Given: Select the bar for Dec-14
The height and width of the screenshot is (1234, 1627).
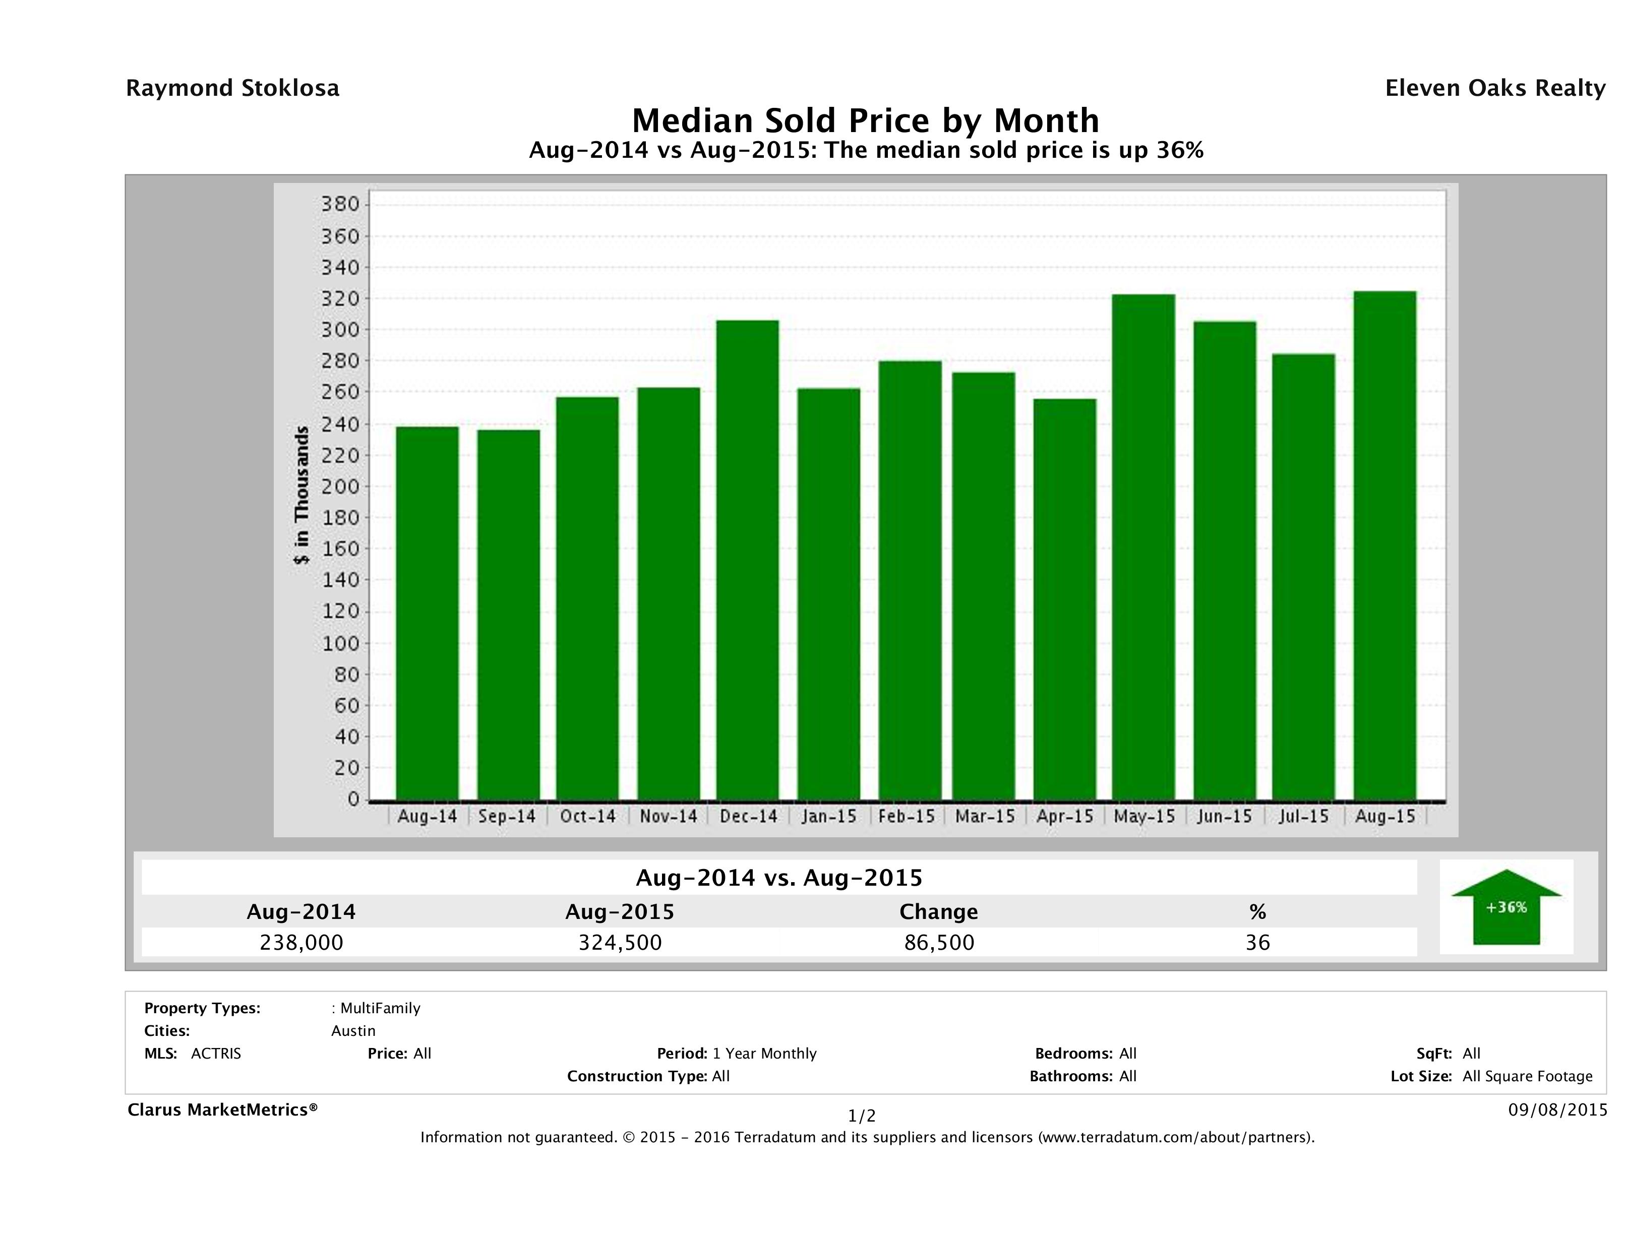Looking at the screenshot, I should pos(747,559).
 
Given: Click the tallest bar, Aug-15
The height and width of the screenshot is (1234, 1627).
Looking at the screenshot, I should pos(1384,544).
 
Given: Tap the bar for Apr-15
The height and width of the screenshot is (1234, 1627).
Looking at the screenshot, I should pos(1064,599).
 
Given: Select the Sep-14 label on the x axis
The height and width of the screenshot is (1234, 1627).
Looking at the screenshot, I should pos(507,816).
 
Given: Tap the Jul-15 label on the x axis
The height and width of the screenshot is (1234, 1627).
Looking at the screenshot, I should pos(1303,816).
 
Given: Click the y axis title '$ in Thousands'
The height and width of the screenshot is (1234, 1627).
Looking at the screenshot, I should pos(302,495).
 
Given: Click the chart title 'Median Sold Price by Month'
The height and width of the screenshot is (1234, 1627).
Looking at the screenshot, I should pos(866,120).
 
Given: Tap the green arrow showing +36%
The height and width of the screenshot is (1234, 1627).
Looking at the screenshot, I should pos(1505,907).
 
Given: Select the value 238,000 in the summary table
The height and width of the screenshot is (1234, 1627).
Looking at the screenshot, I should pos(302,942).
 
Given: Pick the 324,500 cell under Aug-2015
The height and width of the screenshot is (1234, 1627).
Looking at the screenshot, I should pos(620,942).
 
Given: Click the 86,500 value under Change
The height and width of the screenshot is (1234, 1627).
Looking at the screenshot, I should pos(939,942).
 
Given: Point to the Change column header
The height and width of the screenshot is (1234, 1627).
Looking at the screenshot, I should pos(939,912).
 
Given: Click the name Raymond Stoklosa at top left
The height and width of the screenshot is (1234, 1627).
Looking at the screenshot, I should pos(232,88).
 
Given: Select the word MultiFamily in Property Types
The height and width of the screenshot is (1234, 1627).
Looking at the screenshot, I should pos(380,1008).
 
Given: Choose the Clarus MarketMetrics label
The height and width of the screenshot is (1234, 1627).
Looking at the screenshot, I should pos(222,1109).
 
